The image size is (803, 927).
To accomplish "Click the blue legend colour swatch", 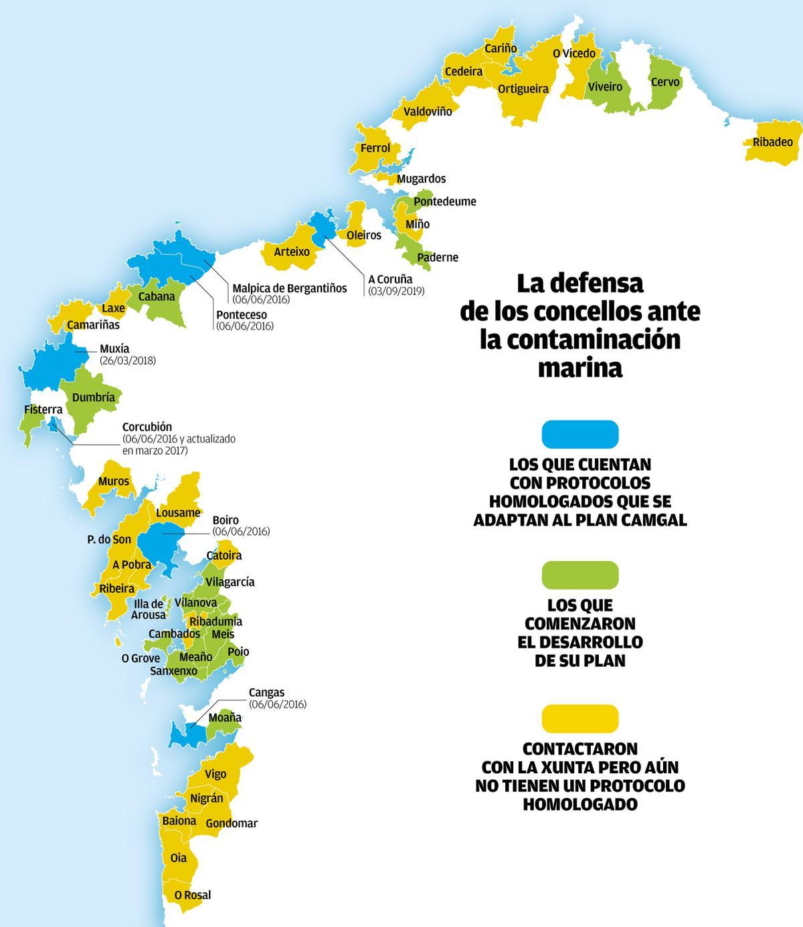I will (x=579, y=433).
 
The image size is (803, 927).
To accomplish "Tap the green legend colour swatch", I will (x=579, y=575).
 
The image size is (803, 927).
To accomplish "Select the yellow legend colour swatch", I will (x=579, y=718).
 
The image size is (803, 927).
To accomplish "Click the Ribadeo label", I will (x=772, y=142).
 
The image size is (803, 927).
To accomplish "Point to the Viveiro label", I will (x=605, y=87).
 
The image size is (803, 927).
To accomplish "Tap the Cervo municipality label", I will (x=664, y=82).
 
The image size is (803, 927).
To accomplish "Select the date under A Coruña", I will (x=395, y=291).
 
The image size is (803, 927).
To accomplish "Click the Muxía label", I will (x=114, y=348).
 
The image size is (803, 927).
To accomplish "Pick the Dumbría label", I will (x=94, y=397).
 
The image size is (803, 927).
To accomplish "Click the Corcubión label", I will (x=147, y=427).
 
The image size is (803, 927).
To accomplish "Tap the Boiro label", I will (x=226, y=520).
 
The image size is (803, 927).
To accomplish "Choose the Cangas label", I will (x=266, y=692).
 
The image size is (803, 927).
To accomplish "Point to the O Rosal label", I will (x=192, y=895).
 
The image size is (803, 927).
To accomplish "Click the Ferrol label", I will (x=375, y=148).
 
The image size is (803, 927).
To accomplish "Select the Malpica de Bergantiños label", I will (x=289, y=288).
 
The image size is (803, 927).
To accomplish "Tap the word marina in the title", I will (x=579, y=368).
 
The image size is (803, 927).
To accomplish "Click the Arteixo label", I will (x=292, y=252).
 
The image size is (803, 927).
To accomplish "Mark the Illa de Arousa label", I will (x=148, y=609).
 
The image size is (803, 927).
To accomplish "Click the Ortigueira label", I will (x=523, y=89).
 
